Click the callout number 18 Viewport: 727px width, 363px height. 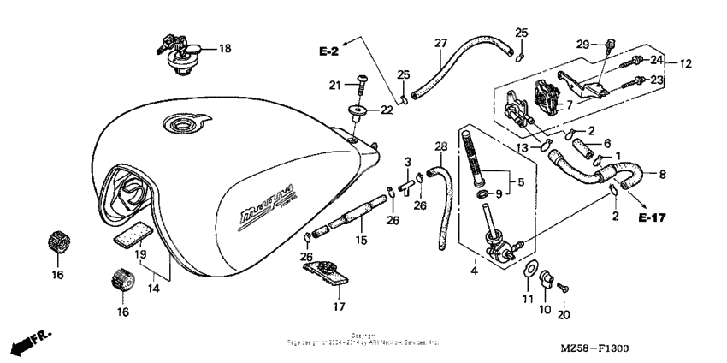225,49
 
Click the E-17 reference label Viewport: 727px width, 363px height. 653,218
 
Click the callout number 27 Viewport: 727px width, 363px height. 440,43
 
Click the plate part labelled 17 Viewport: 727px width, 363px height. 327,274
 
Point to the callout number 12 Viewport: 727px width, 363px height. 686,63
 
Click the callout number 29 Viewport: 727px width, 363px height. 582,43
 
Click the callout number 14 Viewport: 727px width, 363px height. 155,289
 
